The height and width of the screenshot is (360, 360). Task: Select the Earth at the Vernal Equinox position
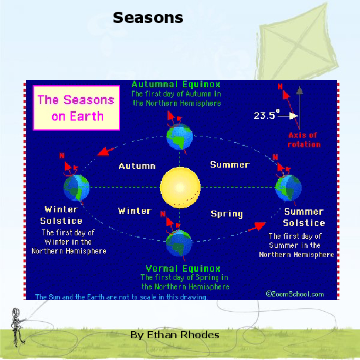(x=178, y=242)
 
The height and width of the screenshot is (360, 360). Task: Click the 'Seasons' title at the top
(x=148, y=18)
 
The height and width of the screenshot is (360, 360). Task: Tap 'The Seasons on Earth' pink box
(x=76, y=108)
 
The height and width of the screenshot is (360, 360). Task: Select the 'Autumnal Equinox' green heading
(x=176, y=84)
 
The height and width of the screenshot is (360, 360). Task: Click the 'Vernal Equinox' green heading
(x=184, y=268)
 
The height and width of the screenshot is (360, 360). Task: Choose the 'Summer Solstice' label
(x=304, y=217)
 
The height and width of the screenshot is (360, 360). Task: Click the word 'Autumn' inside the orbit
(x=136, y=166)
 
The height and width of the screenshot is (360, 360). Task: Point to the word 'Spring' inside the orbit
(x=226, y=214)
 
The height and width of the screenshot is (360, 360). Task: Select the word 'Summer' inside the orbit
(x=229, y=165)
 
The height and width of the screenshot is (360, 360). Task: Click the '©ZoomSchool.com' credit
(x=294, y=294)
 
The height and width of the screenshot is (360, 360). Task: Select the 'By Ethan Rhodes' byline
(x=175, y=335)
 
